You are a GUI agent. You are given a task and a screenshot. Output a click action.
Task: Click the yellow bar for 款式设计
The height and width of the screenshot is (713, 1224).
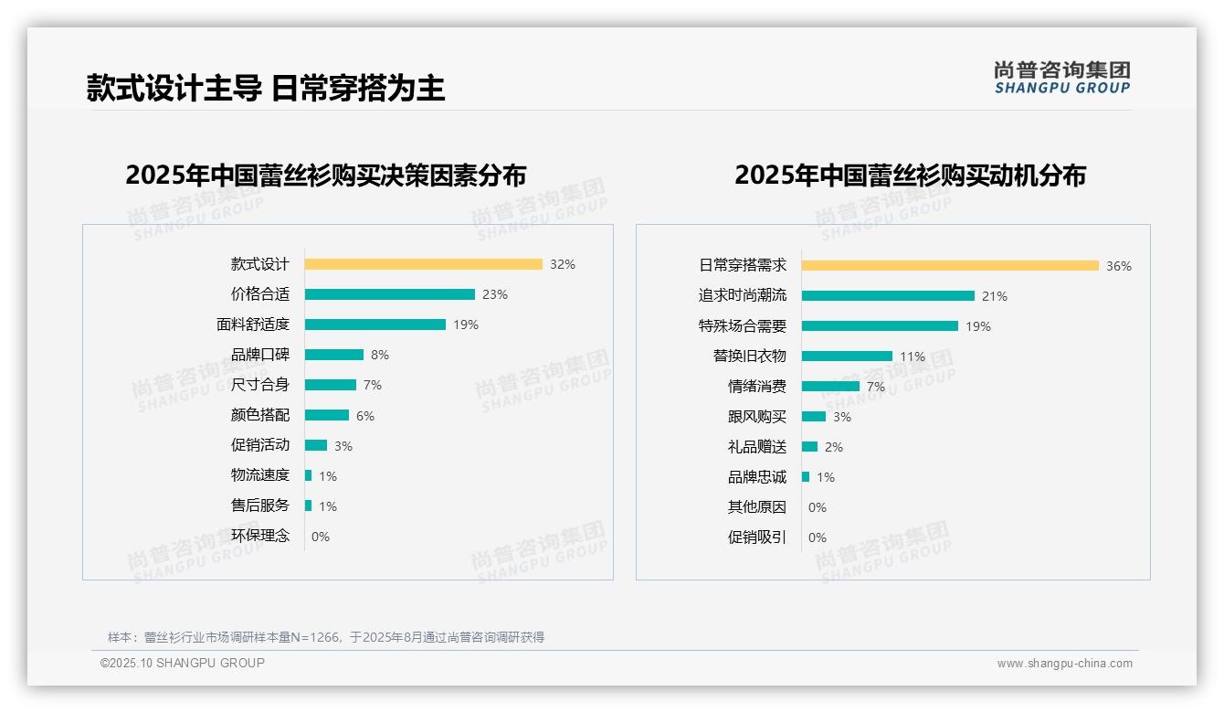coord(423,264)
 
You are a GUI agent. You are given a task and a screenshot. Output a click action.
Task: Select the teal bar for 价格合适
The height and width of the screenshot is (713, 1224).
coord(389,294)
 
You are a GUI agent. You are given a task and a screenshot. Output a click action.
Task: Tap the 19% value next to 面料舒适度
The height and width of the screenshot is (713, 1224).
coord(466,325)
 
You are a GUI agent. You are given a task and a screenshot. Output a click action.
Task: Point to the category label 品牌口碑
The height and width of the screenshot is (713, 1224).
coord(260,355)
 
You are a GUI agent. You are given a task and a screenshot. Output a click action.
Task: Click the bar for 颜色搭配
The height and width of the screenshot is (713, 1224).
coord(326,415)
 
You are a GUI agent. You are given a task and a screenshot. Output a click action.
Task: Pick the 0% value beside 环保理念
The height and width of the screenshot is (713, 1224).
coord(321,537)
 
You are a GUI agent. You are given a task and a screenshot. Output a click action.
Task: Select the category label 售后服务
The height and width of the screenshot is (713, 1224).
coord(260,505)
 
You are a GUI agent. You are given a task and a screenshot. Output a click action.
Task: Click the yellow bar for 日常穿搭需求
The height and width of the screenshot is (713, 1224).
coord(950,266)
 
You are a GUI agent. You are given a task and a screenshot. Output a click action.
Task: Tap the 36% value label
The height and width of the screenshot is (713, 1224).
coord(1119,266)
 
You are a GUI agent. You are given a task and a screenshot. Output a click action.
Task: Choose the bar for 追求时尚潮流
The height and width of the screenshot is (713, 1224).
coord(888,296)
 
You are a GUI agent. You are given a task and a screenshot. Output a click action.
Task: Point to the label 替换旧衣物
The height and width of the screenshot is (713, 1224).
coord(749,356)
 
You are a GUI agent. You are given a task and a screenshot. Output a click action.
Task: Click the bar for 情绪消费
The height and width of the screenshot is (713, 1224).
coord(830,387)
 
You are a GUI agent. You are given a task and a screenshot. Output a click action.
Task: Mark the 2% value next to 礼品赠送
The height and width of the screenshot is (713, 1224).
coord(834,447)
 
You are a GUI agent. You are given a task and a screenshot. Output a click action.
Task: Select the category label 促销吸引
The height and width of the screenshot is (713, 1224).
coord(756,537)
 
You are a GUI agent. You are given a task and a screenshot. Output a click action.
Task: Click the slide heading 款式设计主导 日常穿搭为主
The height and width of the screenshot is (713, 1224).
coord(266,88)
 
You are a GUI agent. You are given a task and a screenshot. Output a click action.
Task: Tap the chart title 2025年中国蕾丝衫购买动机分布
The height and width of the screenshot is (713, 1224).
coord(910,175)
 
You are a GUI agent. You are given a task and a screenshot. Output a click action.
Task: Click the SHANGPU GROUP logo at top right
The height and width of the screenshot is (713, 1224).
coord(1062,78)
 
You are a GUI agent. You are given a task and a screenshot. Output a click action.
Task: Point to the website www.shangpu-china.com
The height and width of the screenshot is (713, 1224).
coord(1064,664)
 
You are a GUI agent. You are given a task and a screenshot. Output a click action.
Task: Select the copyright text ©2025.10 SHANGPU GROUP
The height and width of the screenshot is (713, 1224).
coord(183,663)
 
